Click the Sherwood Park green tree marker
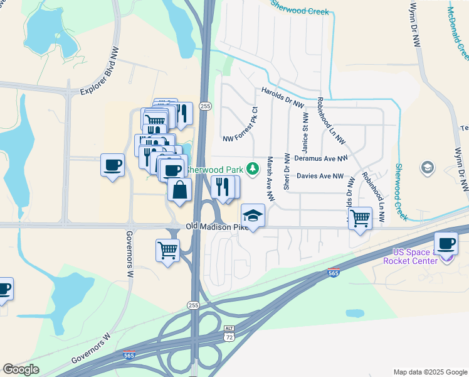[x=252, y=168]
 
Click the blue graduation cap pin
[x=253, y=216]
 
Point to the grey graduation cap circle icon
[x=427, y=167]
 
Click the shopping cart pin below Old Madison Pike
[x=167, y=249]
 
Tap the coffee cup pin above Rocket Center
[x=446, y=243]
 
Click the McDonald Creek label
[x=458, y=31]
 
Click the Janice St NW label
[x=305, y=129]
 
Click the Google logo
[x=21, y=369]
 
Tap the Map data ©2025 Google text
[x=429, y=372]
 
